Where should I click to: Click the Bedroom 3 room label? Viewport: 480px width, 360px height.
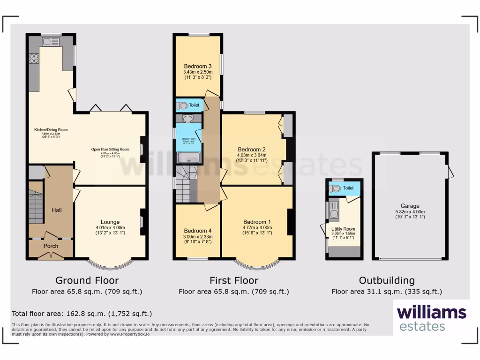(198, 66)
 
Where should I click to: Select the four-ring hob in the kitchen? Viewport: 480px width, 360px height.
(34, 59)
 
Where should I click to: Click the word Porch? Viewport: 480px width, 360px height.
(51, 246)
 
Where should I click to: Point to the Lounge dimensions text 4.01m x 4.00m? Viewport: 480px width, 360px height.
(110, 228)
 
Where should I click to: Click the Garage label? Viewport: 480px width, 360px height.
(410, 206)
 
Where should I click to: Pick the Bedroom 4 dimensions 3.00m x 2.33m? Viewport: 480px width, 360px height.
(198, 237)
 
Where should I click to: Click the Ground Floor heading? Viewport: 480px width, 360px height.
(87, 280)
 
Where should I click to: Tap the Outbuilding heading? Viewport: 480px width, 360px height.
(387, 280)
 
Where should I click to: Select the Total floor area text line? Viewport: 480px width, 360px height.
(82, 314)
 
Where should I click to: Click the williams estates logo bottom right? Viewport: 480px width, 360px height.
(431, 318)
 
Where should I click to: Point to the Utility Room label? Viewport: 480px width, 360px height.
(343, 229)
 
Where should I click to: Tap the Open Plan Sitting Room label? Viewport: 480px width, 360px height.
(110, 150)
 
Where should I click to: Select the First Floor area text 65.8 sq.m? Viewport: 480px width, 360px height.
(233, 292)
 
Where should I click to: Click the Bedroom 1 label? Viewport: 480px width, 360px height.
(257, 222)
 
